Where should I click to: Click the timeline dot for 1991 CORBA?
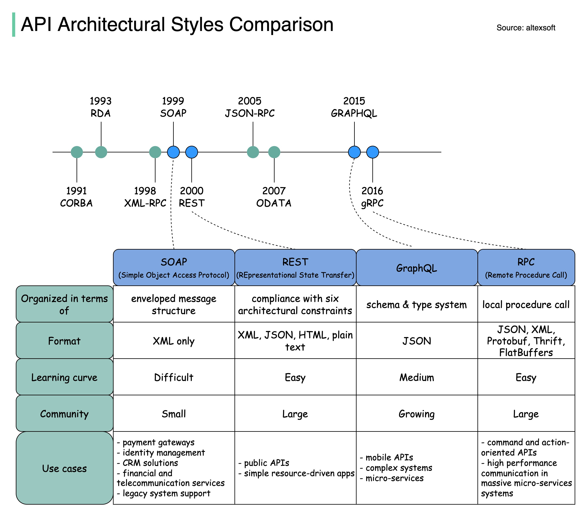pyautogui.click(x=77, y=152)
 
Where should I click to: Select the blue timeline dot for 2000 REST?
pyautogui.click(x=192, y=152)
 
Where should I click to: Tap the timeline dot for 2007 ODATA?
pyautogui.click(x=274, y=152)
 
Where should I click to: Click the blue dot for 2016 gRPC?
pyautogui.click(x=373, y=152)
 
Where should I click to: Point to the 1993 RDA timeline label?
pyautogui.click(x=100, y=107)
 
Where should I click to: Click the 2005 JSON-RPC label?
pyautogui.click(x=250, y=107)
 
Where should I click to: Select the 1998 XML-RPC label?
pyautogui.click(x=145, y=197)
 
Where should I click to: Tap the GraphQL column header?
pyautogui.click(x=416, y=268)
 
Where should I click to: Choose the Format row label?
pyautogui.click(x=64, y=341)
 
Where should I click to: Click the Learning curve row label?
pyautogui.click(x=64, y=377)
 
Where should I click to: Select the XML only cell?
pyautogui.click(x=174, y=341)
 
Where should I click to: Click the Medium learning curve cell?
pyautogui.click(x=416, y=377)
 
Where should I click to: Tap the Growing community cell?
pyautogui.click(x=416, y=414)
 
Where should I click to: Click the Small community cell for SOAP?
pyautogui.click(x=174, y=414)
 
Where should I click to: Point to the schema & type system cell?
pyautogui.click(x=416, y=305)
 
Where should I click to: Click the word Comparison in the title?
pyautogui.click(x=281, y=24)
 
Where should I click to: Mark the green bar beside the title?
pyautogui.click(x=14, y=24)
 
